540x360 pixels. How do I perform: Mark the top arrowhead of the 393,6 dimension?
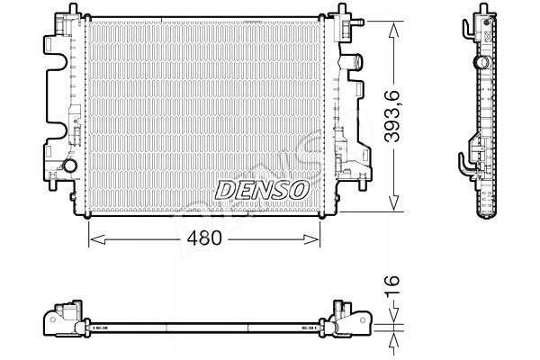pos(393,27)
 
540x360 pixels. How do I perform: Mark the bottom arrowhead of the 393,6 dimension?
pos(393,205)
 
